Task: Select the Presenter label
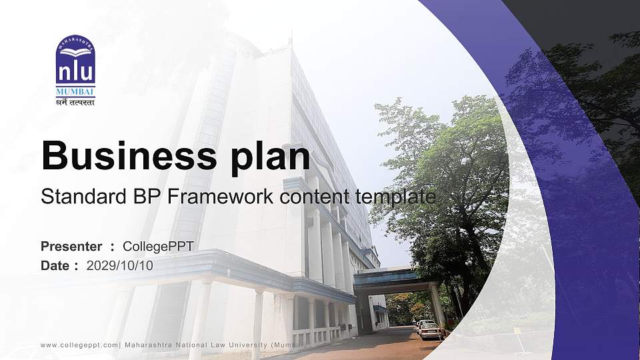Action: [71, 247]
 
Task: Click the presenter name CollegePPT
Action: [158, 247]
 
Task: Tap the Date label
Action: [55, 265]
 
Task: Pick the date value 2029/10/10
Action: [120, 265]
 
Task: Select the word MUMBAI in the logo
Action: [75, 91]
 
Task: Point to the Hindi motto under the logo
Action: [75, 102]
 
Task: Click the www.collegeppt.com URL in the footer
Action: [79, 345]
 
